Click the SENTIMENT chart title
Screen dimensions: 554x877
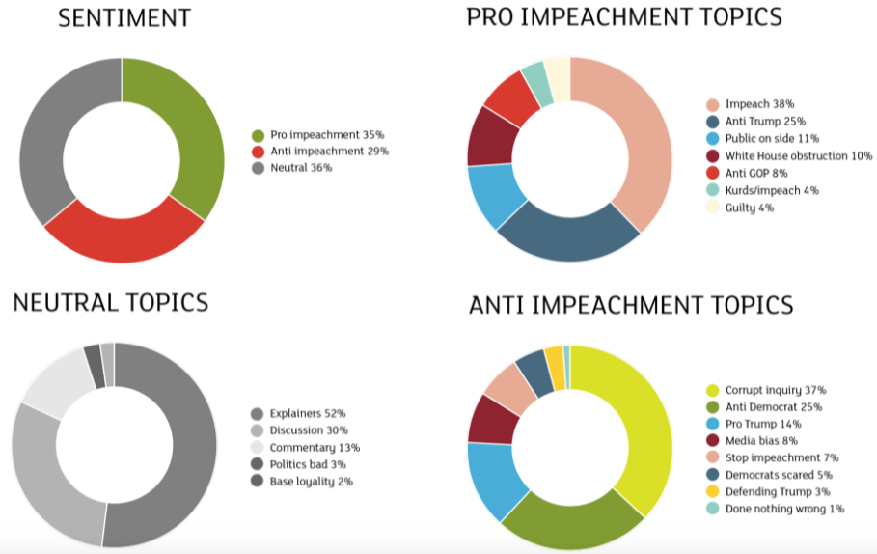[x=124, y=18]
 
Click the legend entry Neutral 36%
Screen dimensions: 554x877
[x=301, y=168]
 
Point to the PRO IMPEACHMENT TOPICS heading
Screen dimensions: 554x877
[x=623, y=17]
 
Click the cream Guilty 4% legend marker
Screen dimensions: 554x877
[x=712, y=208]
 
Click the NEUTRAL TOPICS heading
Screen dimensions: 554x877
[x=110, y=302]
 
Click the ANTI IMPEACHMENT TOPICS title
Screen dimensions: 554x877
[x=631, y=306]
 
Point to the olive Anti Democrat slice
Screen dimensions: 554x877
[x=569, y=521]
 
